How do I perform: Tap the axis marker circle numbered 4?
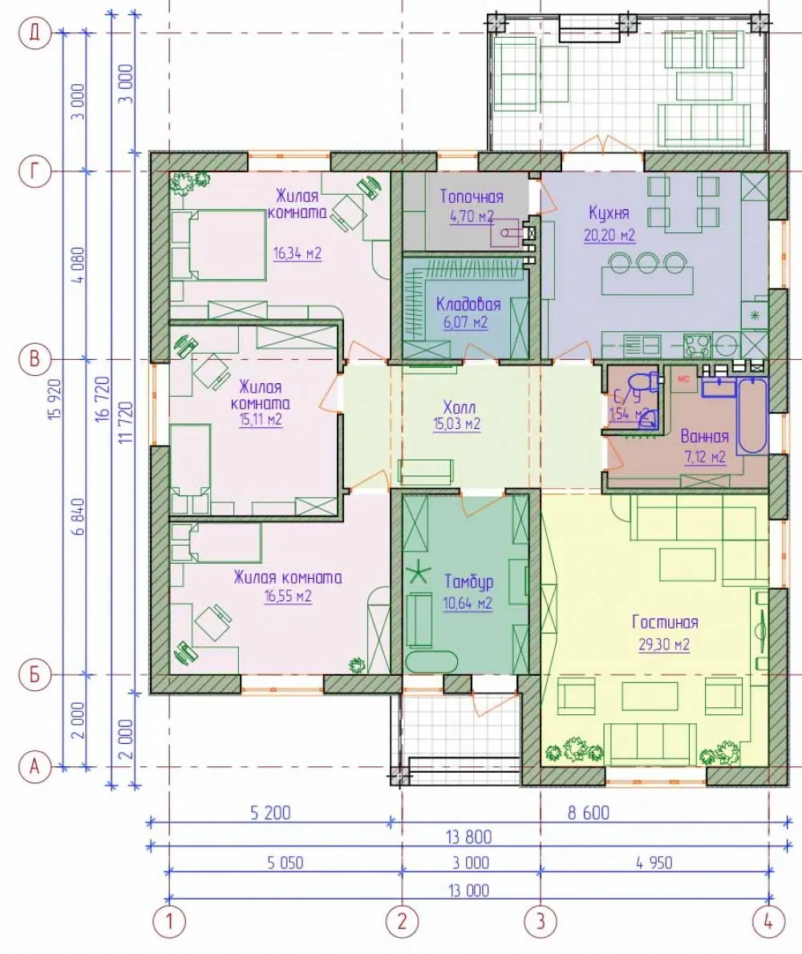pyautogui.click(x=768, y=921)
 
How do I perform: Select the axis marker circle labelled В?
pyautogui.click(x=34, y=359)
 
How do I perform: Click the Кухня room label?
pyautogui.click(x=609, y=213)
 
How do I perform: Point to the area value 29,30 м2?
pyautogui.click(x=664, y=645)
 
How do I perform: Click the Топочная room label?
pyautogui.click(x=472, y=196)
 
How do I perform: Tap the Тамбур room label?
pyautogui.click(x=468, y=582)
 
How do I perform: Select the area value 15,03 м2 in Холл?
pyautogui.click(x=456, y=424)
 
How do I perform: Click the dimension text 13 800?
pyautogui.click(x=468, y=837)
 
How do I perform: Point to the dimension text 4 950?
pyautogui.click(x=654, y=863)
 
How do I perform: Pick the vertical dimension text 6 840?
pyautogui.click(x=78, y=517)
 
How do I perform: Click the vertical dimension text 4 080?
pyautogui.click(x=78, y=265)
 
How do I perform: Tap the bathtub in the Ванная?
pyautogui.click(x=752, y=415)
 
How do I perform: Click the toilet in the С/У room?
pyautogui.click(x=645, y=382)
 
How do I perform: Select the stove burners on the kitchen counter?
pyautogui.click(x=697, y=346)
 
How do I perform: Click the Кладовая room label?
pyautogui.click(x=468, y=304)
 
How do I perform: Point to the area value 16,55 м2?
pyautogui.click(x=288, y=596)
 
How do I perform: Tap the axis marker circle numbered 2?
pyautogui.click(x=402, y=921)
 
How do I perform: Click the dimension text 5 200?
pyautogui.click(x=270, y=813)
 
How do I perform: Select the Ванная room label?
pyautogui.click(x=705, y=436)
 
